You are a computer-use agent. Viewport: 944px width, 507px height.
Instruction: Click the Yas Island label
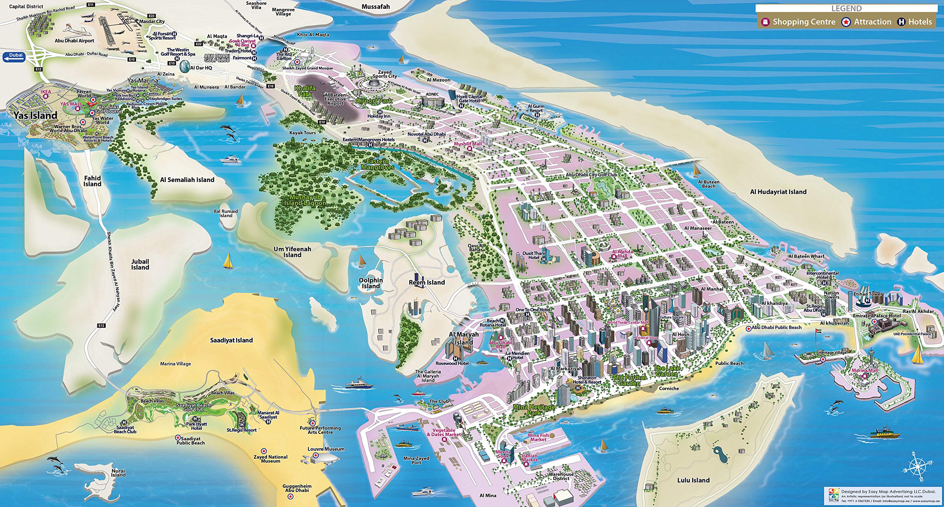coord(35,115)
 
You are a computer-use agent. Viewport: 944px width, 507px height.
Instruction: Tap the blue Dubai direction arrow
coord(14,57)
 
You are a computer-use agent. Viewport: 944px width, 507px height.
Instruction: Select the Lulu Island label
coord(693,480)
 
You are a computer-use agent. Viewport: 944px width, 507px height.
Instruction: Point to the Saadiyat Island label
coord(231,340)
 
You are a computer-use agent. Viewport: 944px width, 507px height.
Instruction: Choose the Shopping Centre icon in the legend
coord(766,22)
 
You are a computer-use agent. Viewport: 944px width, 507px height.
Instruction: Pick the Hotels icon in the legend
coord(901,22)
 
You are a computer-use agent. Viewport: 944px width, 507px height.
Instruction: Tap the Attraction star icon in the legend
coord(846,22)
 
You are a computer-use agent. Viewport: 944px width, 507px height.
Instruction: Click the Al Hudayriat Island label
coord(778,192)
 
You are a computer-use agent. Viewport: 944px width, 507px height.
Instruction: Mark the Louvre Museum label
coord(326,449)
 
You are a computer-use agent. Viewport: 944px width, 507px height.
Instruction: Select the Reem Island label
coord(427,282)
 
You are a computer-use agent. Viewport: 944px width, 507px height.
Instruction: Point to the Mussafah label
coord(375,7)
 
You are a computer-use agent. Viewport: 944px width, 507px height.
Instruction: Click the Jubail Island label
coord(140,264)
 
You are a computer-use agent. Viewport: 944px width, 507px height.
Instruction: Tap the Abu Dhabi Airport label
coord(74,41)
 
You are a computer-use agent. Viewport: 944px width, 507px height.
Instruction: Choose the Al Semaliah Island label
coord(187,180)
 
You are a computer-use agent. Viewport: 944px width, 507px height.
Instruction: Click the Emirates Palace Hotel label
coord(877,316)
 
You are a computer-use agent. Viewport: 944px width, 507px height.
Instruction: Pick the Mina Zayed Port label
coord(416,460)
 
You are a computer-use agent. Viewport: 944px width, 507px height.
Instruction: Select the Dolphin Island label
coord(371,283)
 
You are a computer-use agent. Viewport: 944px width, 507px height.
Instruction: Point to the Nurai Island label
coord(118,473)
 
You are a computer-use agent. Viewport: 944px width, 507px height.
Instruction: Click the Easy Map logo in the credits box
coord(833,496)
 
